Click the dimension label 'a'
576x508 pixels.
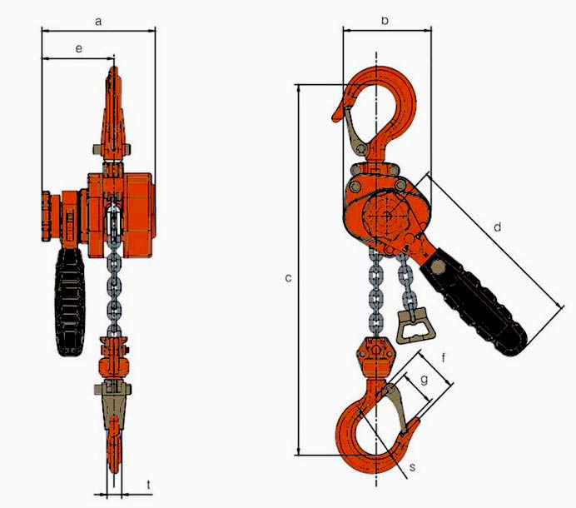click(98, 22)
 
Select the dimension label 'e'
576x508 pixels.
click(78, 50)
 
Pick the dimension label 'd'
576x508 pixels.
click(498, 227)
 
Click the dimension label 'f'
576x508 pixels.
click(446, 359)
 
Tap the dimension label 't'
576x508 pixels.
click(148, 483)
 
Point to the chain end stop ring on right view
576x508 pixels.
click(413, 327)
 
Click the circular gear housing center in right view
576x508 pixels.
click(386, 215)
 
